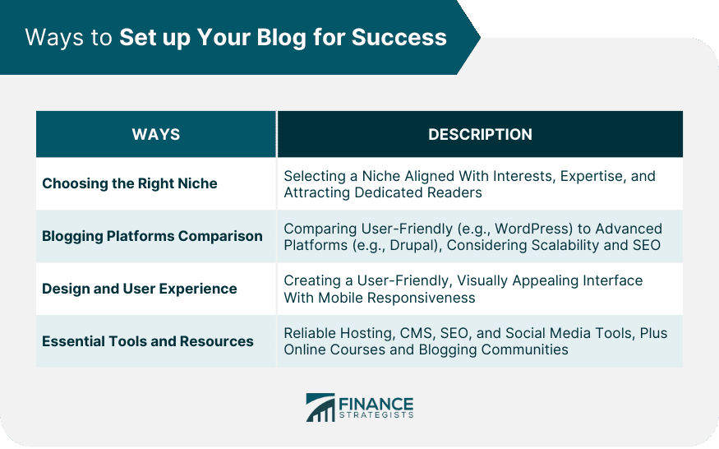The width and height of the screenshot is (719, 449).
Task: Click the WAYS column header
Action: coord(156,135)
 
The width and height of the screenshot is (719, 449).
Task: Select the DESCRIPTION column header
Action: coord(480,135)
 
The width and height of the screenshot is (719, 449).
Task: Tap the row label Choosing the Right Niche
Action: coord(130,183)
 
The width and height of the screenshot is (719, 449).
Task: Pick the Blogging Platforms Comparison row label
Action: coord(152,237)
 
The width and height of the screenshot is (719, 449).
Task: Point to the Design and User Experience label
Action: coord(140,289)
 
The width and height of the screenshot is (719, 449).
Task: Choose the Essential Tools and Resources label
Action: coord(148,341)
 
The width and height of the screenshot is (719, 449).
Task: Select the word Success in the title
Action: coord(399,37)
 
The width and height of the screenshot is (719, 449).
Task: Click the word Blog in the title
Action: coord(281,38)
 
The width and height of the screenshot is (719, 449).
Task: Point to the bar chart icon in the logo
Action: coord(320,408)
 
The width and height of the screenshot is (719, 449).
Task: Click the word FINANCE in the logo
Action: coord(376,404)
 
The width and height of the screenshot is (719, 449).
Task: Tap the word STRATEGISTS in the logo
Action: coord(376,415)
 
